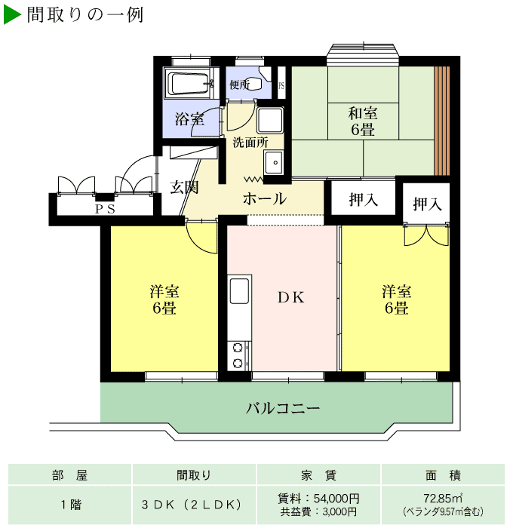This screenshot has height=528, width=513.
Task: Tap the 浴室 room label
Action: (189, 118)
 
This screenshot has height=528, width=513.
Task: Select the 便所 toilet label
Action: (239, 84)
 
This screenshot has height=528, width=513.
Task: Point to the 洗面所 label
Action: (250, 142)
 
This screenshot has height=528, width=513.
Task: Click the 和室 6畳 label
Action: (363, 121)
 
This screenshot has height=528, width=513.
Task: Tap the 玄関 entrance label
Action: (183, 187)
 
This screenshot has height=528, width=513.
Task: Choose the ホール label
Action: (264, 199)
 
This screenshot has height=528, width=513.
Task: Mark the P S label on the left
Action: (105, 210)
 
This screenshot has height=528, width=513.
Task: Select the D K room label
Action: (290, 296)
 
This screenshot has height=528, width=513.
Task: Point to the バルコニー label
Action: (283, 409)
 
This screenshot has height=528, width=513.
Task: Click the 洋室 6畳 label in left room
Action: (164, 299)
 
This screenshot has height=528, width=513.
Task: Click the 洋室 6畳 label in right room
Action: (396, 299)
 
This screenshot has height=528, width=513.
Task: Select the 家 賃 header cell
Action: (318, 475)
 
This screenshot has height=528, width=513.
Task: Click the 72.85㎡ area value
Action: (443, 498)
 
